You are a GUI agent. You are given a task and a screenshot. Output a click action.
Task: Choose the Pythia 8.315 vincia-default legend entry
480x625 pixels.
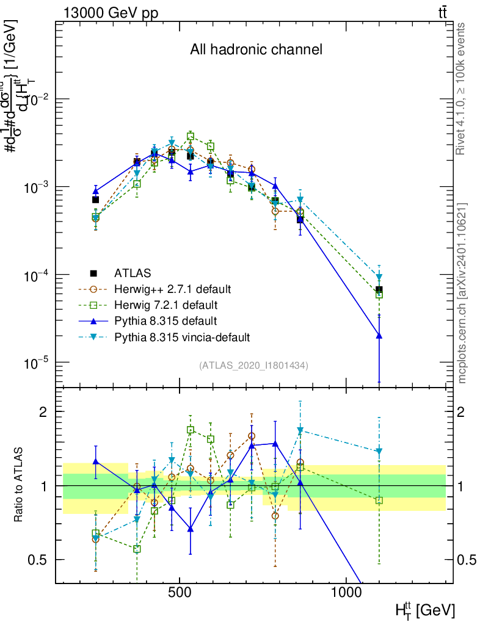pos(182,336)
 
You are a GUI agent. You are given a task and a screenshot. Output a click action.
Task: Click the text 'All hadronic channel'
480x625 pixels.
pos(256,49)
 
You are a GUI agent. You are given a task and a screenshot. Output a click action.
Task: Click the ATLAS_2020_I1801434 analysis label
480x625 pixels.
pos(253,365)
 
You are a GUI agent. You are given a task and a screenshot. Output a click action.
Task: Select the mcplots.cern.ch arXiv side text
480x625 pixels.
pos(462,292)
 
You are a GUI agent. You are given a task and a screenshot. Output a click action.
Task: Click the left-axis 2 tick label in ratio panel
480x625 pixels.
pos(45,411)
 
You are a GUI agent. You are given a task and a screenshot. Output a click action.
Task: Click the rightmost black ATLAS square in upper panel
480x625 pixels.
pos(379,289)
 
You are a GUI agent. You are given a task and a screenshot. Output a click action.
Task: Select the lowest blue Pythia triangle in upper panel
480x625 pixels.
pos(379,335)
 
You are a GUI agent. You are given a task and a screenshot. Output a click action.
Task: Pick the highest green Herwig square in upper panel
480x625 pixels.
pos(191,137)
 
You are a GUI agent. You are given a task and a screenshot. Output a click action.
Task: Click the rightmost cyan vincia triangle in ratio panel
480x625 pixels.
pos(379,452)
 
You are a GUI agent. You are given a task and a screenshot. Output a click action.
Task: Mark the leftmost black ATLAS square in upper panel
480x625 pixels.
pos(95,200)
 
